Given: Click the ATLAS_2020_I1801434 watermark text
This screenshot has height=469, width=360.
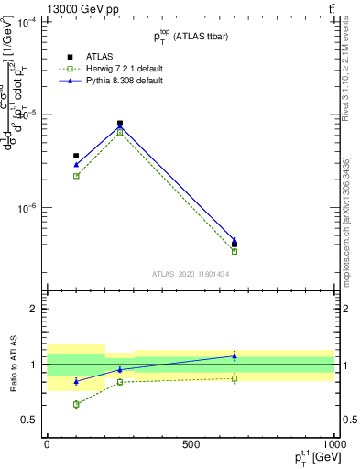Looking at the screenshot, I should (x=191, y=273).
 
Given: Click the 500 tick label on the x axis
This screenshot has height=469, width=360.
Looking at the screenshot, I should (x=191, y=444).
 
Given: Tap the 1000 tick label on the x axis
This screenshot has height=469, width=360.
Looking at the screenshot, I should (x=333, y=444).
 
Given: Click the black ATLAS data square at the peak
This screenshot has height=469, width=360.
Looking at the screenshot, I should (x=120, y=123).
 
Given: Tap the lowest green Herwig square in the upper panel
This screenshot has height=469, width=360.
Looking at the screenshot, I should (x=235, y=251).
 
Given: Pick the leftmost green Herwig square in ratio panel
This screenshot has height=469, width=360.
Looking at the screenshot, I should (x=76, y=404).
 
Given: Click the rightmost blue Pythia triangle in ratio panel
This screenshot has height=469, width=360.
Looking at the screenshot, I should (x=235, y=355).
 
